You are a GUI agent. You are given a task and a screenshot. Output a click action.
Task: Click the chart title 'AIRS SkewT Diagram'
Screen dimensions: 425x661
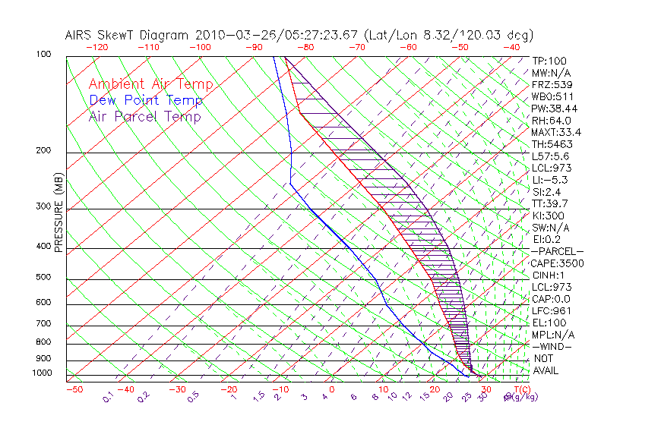coord(128,35)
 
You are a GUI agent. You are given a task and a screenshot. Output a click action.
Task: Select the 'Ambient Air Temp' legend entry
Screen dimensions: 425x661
coord(150,85)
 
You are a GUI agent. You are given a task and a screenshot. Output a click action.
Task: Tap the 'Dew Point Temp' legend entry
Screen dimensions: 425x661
coord(146,101)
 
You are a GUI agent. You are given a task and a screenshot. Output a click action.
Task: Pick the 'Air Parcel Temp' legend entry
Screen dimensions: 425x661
coord(144,117)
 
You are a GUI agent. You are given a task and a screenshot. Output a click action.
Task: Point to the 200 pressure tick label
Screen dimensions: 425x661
coord(45,150)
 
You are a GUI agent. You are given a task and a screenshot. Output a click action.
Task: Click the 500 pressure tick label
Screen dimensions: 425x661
coord(45,278)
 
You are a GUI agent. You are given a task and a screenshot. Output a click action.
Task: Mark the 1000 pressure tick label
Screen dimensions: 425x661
coord(43,373)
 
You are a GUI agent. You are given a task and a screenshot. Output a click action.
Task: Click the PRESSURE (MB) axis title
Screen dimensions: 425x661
coord(59,216)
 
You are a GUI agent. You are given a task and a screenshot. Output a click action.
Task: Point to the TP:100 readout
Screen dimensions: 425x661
coord(549,61)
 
